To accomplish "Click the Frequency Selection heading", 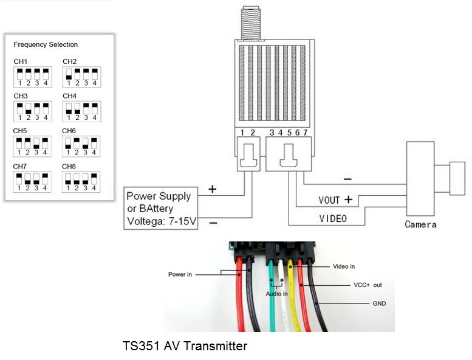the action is (x=46, y=44).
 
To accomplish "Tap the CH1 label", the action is (x=21, y=61).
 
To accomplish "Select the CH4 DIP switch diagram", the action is (x=81, y=111).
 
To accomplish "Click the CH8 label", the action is (x=69, y=166).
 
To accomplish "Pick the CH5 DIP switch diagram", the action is (x=32, y=147).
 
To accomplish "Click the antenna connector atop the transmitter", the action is (x=251, y=23).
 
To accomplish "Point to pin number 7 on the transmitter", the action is (x=305, y=133).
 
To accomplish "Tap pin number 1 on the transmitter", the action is (x=242, y=133).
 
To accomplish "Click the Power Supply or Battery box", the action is (x=161, y=209).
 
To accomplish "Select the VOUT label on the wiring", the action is (x=329, y=200).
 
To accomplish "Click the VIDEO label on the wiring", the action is (x=333, y=219).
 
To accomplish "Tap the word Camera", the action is (x=420, y=224).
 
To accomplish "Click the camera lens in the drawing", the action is (x=457, y=178).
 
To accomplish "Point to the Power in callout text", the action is (x=180, y=274).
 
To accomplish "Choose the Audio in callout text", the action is (x=276, y=294).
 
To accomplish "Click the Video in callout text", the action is (x=344, y=266).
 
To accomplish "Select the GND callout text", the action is (x=379, y=303).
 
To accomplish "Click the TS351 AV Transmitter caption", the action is (x=185, y=346).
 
